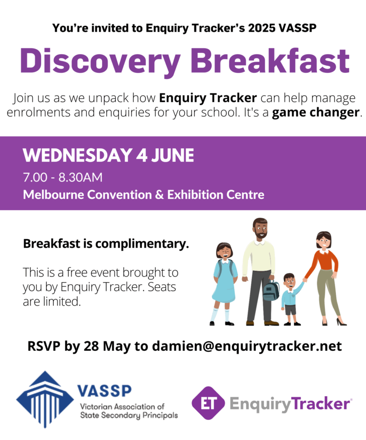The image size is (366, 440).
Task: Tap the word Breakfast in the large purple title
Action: point(272,61)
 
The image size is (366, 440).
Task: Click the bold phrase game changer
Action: point(316,113)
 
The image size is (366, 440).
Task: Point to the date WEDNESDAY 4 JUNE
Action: point(109,155)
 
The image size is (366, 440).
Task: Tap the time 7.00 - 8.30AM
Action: point(63,178)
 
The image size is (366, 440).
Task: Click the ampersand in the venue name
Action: point(159,195)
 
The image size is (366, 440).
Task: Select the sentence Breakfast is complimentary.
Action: point(106,244)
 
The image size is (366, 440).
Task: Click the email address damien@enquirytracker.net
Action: point(247,346)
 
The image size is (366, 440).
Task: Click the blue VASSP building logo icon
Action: point(45,399)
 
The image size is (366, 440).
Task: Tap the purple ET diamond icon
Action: point(208,403)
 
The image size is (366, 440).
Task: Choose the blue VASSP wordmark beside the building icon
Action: point(104,390)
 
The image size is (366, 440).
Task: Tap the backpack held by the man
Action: point(271,290)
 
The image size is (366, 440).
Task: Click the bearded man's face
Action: point(261,229)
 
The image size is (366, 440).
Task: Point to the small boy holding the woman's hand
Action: point(291,299)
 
